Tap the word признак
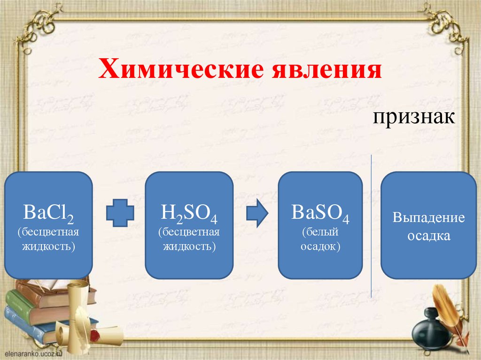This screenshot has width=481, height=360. (414, 116)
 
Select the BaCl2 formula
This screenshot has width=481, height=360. (48, 216)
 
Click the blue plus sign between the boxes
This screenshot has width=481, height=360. (120, 214)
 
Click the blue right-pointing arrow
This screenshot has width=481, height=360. (257, 214)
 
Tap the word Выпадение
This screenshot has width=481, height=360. (429, 218)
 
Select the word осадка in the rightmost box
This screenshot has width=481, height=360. (429, 236)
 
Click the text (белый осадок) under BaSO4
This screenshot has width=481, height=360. (320, 239)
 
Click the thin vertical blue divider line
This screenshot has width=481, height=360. (372, 225)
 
